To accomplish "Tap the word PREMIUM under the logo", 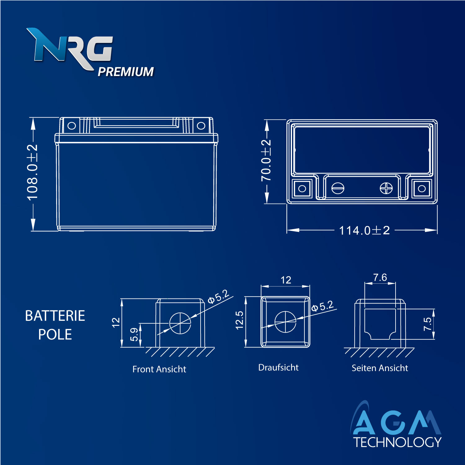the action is point(126,72).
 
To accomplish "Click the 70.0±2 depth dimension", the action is point(266,160).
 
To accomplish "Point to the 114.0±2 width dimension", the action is point(364,230).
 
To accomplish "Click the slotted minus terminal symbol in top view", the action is point(338,188).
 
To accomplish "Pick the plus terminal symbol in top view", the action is point(386,188).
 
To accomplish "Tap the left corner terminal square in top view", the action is point(302,188).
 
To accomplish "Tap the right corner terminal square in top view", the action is point(422,188).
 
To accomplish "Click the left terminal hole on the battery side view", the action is point(72,126).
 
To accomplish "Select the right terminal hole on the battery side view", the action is point(201,126).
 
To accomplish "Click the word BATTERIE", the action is point(55,316).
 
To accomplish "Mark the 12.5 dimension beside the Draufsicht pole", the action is point(239,320).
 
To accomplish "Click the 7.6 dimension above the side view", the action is point(380,277).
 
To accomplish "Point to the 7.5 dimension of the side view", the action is point(427,324).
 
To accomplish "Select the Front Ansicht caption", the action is point(159,369).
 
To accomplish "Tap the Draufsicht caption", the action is point(278,367).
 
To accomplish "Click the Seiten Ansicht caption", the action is point(379,368).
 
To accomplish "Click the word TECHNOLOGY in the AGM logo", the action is point(397,442).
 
